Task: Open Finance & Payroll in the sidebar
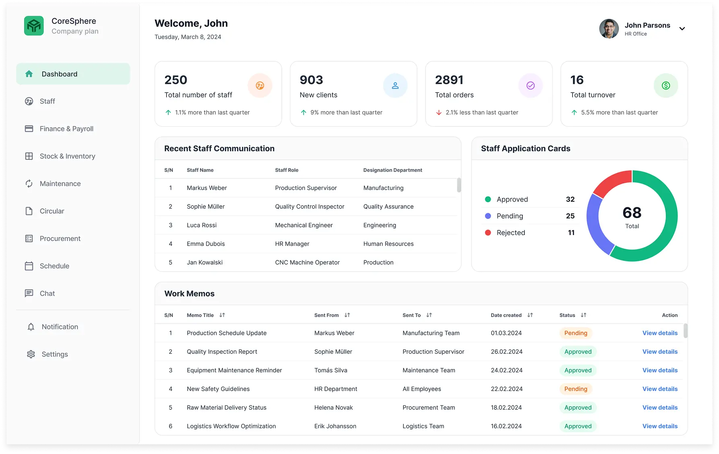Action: coord(66,129)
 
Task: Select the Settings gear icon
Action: coord(31,354)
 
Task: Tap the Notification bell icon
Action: coord(31,327)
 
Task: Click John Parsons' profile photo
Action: coord(609,29)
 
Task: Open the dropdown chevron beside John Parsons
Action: coord(682,29)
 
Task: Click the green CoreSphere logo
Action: coord(34,26)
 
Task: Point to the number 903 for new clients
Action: coord(311,80)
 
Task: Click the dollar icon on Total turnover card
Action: coord(666,85)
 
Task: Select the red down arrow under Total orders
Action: coord(439,113)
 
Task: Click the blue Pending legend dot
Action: coord(488,216)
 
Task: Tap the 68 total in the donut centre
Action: coord(632,213)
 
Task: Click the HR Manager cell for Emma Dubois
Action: coord(292,244)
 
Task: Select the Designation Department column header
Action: coord(393,170)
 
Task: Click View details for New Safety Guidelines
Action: coord(660,389)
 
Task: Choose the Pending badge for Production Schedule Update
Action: coord(576,333)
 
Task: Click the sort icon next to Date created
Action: coord(530,315)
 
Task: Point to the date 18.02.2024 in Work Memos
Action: coord(506,408)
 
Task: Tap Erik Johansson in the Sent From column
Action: coord(335,426)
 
